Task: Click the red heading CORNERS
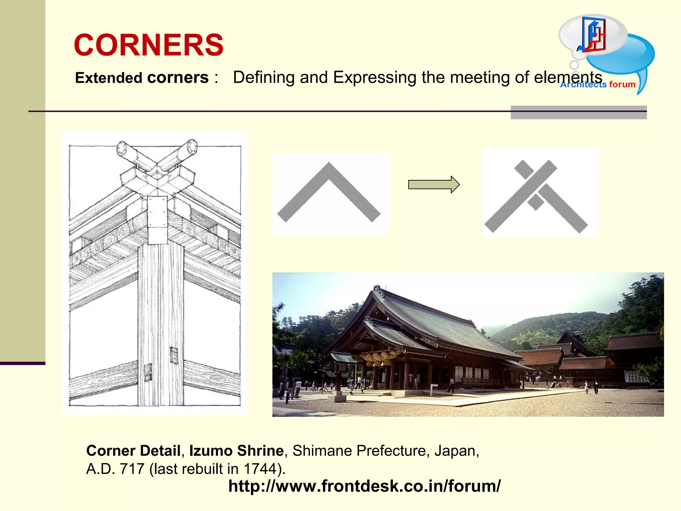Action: pos(149,45)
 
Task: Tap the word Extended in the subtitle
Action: pos(109,78)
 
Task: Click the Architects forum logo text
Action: pos(598,85)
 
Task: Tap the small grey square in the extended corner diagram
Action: pos(535,202)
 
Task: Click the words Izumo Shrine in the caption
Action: pos(236,451)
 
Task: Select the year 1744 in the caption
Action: pos(260,469)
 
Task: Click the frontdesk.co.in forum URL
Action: pos(364,486)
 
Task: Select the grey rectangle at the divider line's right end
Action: pos(579,112)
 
